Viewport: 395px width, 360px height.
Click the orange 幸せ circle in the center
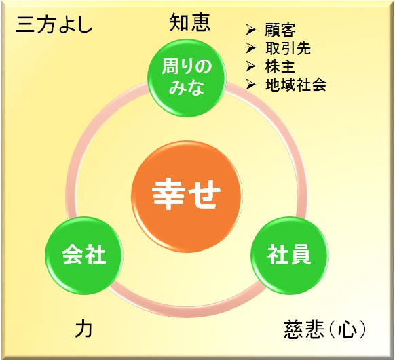coord(187,196)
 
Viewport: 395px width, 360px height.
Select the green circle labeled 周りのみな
coord(187,78)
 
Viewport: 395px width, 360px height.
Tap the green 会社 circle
coord(84,256)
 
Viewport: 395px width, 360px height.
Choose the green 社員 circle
coord(289,256)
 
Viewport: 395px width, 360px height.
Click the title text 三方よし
coord(54,25)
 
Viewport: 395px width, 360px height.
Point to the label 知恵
coord(189,22)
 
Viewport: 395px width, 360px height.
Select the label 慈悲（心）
coord(324,329)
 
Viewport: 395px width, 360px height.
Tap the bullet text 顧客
coord(280,30)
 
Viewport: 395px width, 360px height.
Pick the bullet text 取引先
coord(288,48)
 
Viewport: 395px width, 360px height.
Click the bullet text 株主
coord(280,66)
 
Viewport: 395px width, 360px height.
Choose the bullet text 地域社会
coord(296,85)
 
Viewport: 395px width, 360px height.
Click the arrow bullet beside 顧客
coord(250,30)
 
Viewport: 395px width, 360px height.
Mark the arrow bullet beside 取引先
coord(250,48)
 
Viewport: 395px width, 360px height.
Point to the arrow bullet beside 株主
coord(250,66)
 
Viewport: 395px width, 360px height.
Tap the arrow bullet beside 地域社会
coord(250,85)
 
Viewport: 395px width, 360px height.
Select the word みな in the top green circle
coord(186,87)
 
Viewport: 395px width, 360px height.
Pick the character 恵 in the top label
coord(200,22)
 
